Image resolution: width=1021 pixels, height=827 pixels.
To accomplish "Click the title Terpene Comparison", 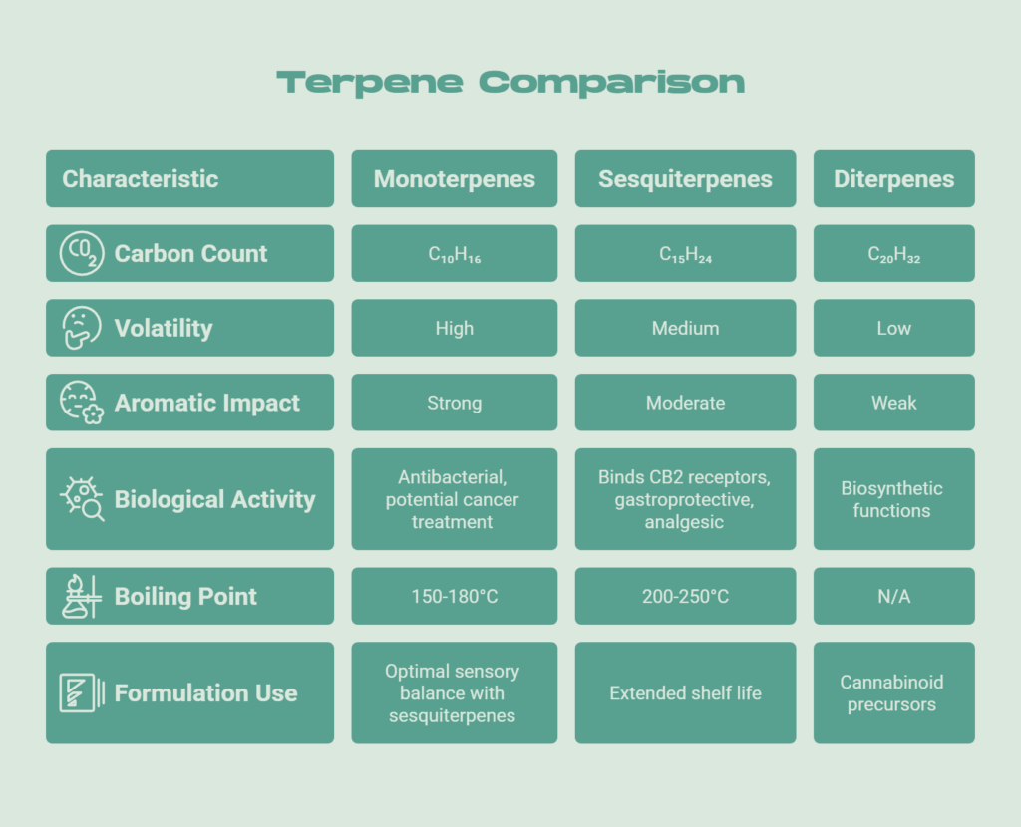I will tap(510, 82).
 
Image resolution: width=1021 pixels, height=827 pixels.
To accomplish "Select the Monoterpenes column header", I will tap(454, 179).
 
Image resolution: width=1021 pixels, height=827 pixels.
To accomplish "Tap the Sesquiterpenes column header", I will tap(685, 179).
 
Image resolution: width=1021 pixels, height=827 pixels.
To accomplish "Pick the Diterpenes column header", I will tap(893, 179).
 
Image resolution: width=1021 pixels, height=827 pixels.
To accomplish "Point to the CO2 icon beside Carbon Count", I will tap(81, 253).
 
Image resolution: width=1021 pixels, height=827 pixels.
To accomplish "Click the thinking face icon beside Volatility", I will tap(81, 328).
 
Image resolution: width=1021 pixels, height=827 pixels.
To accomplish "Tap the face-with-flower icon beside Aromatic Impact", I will tap(81, 403).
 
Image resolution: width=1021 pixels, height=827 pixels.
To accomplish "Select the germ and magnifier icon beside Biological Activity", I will tap(81, 499).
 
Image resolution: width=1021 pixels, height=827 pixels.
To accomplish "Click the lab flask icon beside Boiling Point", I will tap(81, 596).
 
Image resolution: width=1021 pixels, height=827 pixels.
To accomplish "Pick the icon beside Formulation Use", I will tap(81, 692).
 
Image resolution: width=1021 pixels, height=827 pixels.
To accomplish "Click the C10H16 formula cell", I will tap(454, 254).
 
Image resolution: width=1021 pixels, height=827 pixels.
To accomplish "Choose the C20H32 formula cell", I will tap(893, 254).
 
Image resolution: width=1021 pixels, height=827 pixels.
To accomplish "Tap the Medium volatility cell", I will tap(685, 328).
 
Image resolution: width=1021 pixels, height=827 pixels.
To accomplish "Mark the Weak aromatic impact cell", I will tap(893, 403).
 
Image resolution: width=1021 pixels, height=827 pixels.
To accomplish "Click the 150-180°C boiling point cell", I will tap(454, 596).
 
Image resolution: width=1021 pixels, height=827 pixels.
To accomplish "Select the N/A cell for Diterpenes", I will tap(893, 596).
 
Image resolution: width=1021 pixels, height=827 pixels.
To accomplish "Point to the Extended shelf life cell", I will tap(685, 692).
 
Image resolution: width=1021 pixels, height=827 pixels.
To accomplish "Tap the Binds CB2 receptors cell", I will tap(685, 499).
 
